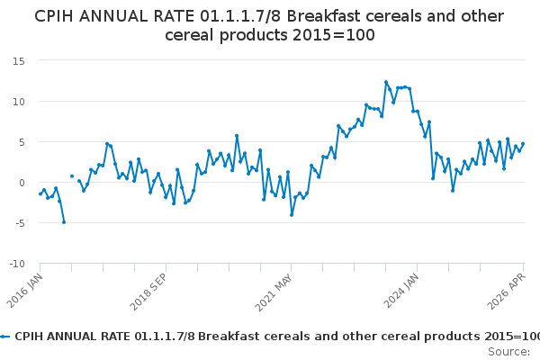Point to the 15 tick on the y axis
click(19, 61)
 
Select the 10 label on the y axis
click(19, 102)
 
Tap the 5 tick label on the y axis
click(22, 142)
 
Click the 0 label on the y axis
click(22, 183)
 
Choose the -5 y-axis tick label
click(20, 223)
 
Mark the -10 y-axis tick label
click(17, 264)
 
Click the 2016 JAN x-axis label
click(25, 291)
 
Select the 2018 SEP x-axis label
click(148, 292)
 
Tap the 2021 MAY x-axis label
click(274, 292)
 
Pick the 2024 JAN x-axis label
click(401, 291)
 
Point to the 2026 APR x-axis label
click(506, 291)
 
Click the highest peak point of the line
click(386, 82)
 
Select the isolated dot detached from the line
click(72, 176)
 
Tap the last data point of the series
click(523, 144)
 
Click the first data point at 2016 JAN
click(40, 194)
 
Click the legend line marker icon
click(4, 337)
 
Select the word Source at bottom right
click(508, 352)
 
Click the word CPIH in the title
click(54, 16)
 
